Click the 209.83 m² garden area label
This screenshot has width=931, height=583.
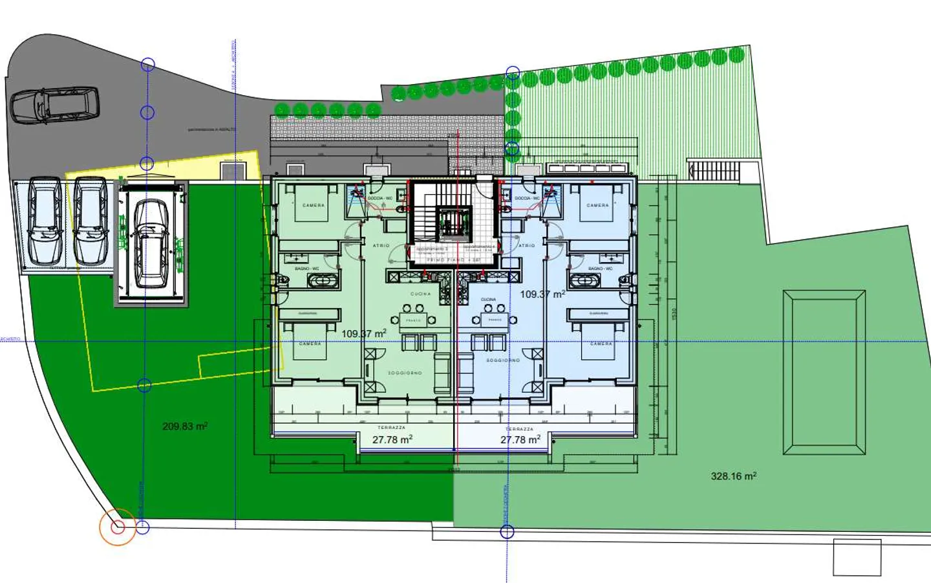(x=184, y=426)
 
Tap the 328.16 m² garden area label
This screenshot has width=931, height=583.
(x=733, y=476)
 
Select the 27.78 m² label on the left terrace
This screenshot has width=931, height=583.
(x=392, y=439)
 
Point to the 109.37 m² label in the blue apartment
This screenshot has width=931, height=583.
(x=542, y=294)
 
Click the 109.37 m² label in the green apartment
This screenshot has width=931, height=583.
(x=364, y=333)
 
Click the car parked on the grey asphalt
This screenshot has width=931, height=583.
(x=55, y=105)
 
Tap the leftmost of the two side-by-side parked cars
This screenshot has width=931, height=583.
(x=46, y=220)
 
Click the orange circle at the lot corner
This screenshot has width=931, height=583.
(x=118, y=527)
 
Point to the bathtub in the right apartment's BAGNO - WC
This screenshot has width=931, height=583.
(x=585, y=281)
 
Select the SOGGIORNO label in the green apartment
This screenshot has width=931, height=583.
(x=405, y=373)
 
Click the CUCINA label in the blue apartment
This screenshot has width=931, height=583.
(x=488, y=300)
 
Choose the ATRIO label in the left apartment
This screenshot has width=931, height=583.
(x=381, y=246)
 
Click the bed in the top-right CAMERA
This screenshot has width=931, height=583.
(x=597, y=202)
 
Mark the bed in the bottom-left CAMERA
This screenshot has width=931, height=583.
(x=310, y=341)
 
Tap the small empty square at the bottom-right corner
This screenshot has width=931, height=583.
(x=857, y=557)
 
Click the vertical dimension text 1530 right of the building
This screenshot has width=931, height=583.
(x=674, y=314)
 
